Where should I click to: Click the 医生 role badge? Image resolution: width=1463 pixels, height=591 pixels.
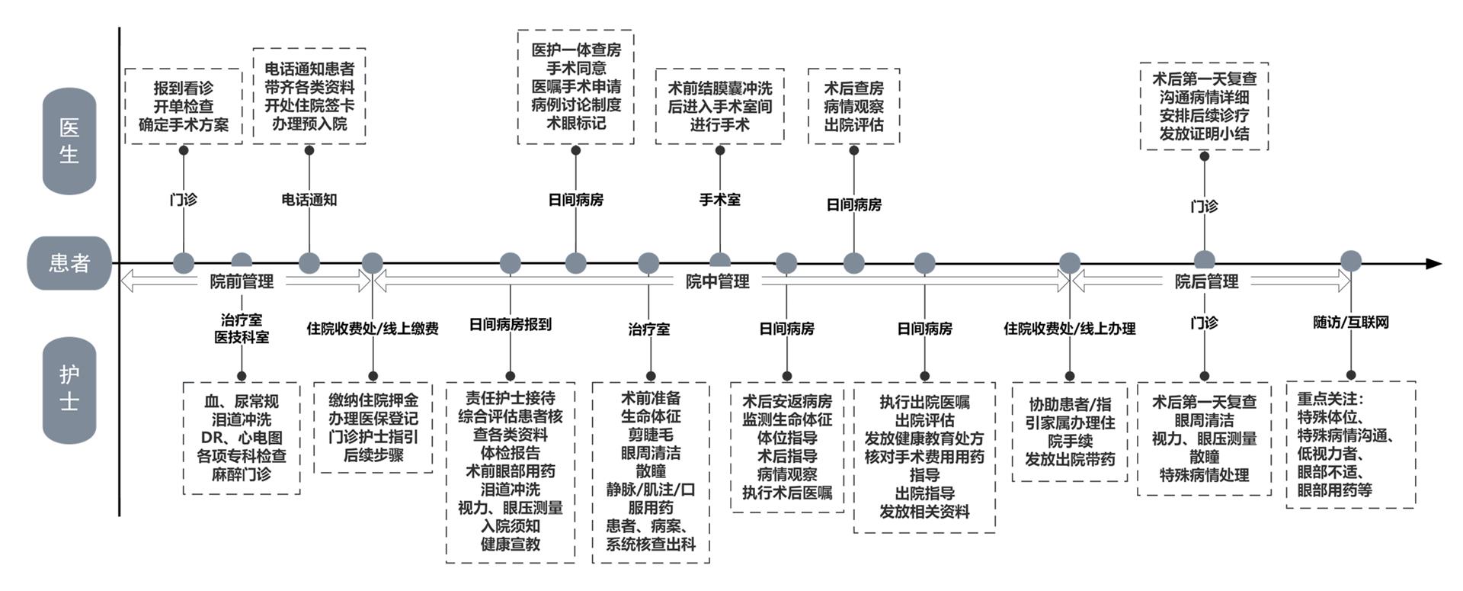69,141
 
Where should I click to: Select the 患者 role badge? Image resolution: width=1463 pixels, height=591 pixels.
69,263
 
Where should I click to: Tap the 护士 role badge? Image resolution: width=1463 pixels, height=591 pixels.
69,389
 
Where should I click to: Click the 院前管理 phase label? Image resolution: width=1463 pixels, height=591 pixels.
242,282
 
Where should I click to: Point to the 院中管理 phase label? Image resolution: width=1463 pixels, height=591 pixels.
717,282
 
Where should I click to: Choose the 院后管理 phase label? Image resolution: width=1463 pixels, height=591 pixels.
1206,282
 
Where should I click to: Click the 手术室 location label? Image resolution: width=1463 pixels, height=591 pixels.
719,200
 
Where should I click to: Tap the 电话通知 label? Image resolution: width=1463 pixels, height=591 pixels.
309,200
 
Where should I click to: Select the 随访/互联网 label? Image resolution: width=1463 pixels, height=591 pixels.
1350,323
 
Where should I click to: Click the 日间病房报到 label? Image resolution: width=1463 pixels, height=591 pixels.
510,325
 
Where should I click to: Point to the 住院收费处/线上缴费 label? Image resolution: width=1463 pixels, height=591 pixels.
373,329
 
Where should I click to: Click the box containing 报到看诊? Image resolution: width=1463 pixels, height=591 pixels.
183,106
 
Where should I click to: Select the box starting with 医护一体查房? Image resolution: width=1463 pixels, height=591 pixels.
575,86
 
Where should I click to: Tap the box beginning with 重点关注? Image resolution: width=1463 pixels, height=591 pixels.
1350,444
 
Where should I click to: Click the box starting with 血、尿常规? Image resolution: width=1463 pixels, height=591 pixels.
242,438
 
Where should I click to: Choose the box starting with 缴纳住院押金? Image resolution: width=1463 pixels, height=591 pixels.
373,427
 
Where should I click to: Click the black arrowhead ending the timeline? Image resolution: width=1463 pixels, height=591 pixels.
1433,264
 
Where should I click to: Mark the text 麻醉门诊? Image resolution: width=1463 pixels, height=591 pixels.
242,474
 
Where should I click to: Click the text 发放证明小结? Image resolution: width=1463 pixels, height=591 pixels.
1204,134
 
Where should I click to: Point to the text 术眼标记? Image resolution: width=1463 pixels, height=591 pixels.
575,123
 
